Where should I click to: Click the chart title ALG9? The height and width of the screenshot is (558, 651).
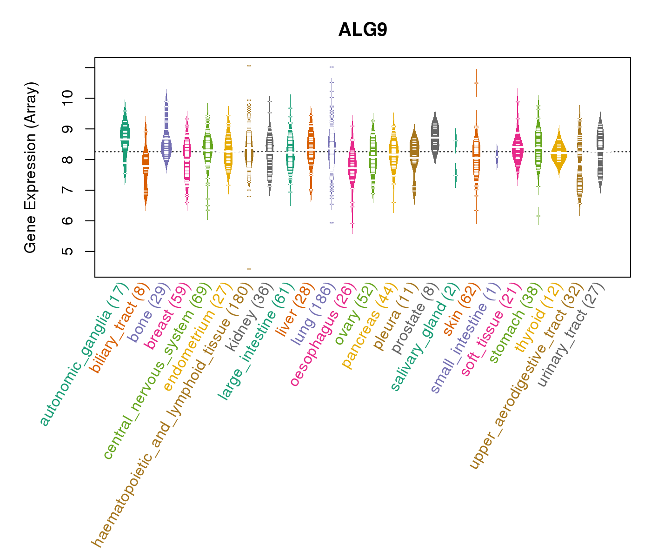click(363, 30)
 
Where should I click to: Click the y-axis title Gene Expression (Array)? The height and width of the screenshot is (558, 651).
click(31, 167)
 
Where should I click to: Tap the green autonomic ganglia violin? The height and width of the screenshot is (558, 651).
click(125, 135)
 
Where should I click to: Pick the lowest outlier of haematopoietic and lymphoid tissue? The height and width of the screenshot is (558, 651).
click(249, 269)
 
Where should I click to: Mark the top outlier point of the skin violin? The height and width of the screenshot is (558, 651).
click(476, 83)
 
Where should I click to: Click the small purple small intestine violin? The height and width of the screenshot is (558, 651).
click(497, 157)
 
